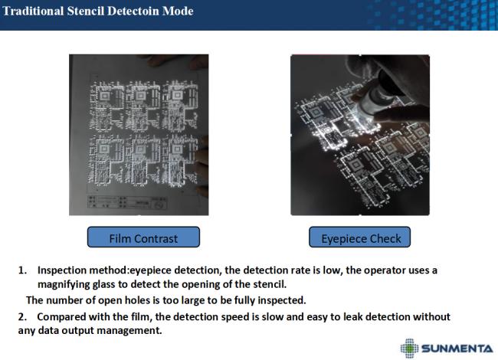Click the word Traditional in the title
point(33,11)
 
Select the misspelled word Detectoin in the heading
point(134,11)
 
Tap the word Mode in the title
point(178,11)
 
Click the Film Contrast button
point(143,237)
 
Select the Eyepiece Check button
point(359,237)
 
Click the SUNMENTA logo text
point(457,349)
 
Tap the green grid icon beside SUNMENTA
point(409,349)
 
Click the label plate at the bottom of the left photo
point(127,202)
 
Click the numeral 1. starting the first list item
point(22,270)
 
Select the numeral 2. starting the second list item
point(22,317)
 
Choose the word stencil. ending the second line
point(270,284)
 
